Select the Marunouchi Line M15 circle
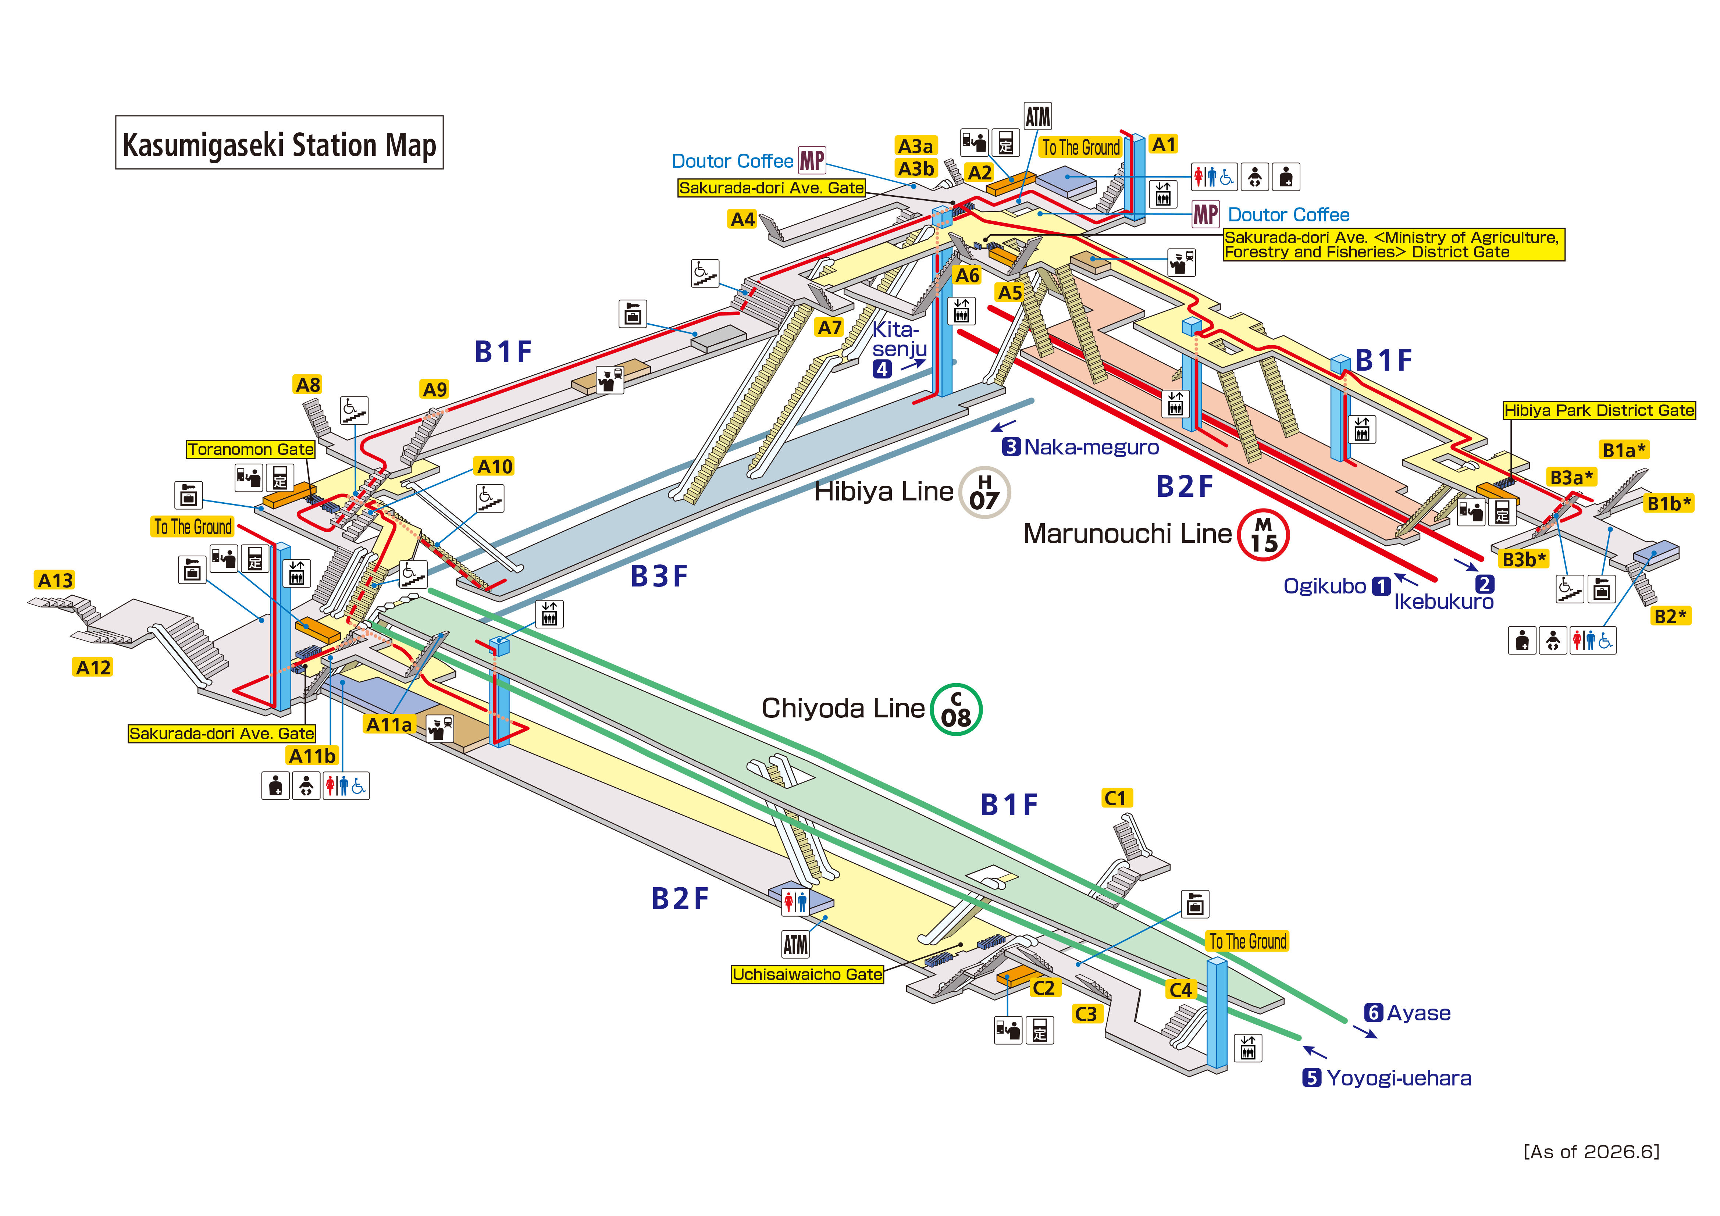(x=1263, y=535)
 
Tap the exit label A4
(x=743, y=220)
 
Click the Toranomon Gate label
(x=250, y=450)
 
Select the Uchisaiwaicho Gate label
(x=807, y=974)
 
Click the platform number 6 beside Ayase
(x=1373, y=1013)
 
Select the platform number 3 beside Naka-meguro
(x=1011, y=447)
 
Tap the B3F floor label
(x=659, y=576)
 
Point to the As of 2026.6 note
(x=1592, y=1152)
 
